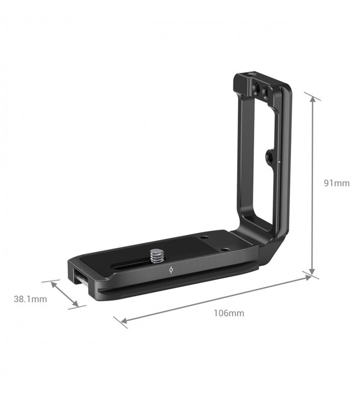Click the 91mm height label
click(337, 183)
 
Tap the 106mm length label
click(229, 313)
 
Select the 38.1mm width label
click(30, 299)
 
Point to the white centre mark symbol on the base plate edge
click(171, 270)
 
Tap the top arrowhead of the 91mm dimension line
click(313, 100)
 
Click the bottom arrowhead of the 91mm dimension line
click(312, 272)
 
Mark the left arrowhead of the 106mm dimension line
click(124, 321)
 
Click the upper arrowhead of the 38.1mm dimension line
click(54, 285)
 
